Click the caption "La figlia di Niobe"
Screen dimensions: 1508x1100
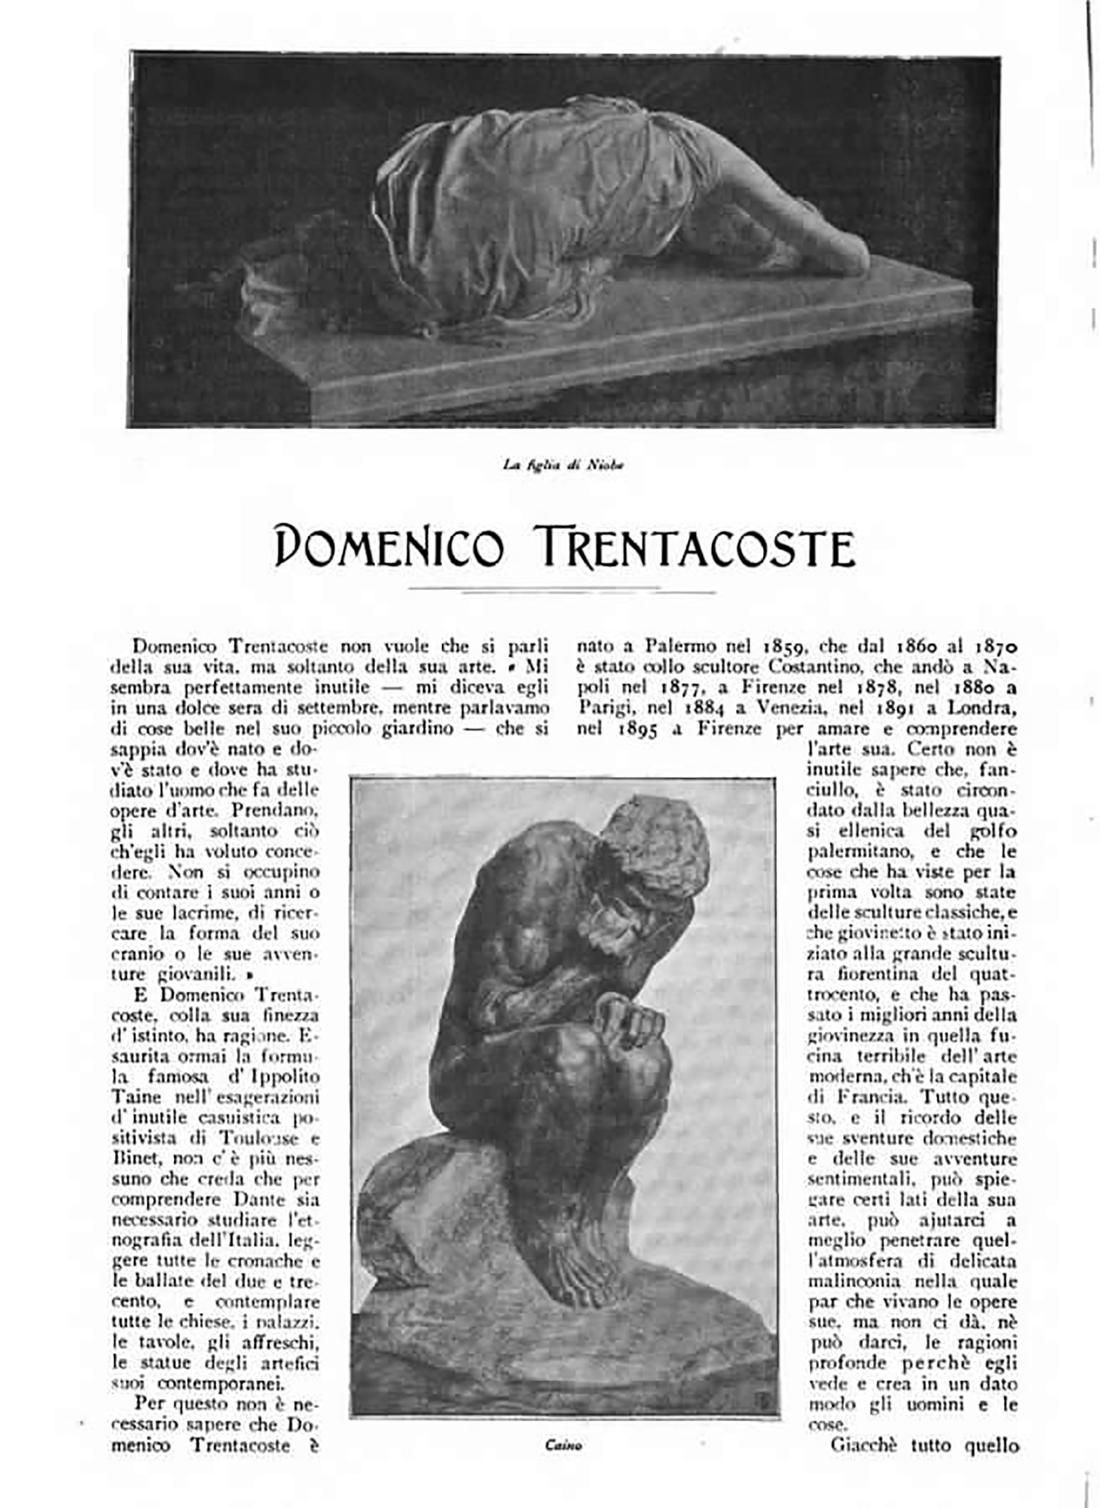coord(563,466)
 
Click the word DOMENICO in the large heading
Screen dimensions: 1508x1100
coord(389,547)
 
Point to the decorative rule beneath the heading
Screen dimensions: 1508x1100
coord(563,590)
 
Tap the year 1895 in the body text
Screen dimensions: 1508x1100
coord(639,729)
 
